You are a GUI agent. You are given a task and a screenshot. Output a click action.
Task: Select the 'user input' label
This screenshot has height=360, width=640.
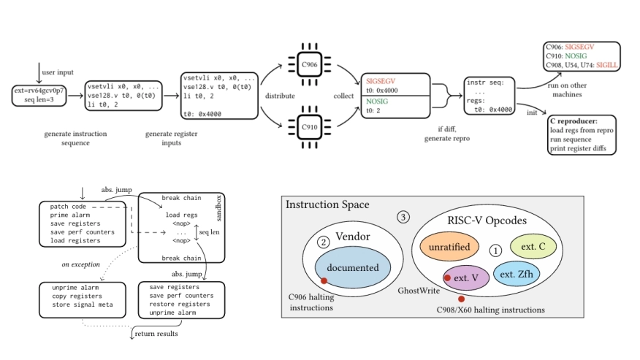point(58,73)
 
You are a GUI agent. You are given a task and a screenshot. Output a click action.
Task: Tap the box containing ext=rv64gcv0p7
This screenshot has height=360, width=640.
point(39,95)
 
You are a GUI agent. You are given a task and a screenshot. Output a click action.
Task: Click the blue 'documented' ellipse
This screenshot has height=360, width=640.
point(348,267)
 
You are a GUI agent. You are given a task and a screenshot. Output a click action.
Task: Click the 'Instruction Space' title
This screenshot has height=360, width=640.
point(327,206)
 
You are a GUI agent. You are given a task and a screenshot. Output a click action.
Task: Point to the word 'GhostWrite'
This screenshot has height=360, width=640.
point(419,291)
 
